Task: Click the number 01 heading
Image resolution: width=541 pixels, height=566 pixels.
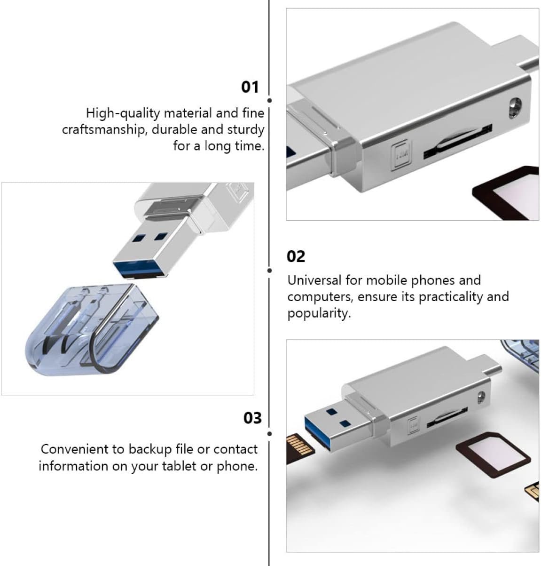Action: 250,87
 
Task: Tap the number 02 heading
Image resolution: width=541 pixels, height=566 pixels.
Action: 296,256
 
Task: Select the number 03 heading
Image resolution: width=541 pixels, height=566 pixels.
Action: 252,418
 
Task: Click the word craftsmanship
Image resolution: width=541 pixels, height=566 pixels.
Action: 103,130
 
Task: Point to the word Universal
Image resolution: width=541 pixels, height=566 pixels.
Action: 314,280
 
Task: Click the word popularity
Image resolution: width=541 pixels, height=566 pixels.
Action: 319,313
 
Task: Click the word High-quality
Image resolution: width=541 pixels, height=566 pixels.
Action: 123,113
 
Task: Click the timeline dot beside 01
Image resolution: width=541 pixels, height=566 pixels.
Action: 270,101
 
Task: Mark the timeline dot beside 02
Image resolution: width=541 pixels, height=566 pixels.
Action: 270,271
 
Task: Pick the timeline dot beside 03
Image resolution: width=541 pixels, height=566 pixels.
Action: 270,434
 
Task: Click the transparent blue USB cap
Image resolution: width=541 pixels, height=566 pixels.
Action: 92,329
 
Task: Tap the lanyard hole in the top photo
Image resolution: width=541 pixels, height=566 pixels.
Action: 516,108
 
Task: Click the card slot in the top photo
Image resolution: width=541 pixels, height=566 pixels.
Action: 458,141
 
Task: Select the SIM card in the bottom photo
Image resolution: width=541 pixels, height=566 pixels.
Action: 493,455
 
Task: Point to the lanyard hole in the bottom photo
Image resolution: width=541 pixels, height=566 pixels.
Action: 481,397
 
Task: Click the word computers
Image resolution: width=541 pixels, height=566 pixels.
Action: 321,297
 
